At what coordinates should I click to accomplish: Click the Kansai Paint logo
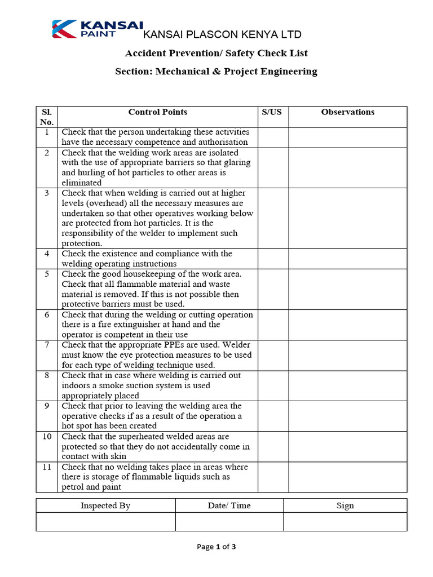[x=97, y=29]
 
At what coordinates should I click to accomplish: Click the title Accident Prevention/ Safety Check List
[x=216, y=54]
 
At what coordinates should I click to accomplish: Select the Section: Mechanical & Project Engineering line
[x=216, y=72]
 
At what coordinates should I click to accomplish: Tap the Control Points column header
[x=158, y=112]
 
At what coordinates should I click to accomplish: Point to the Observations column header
[x=348, y=112]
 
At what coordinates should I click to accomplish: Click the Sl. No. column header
[x=47, y=117]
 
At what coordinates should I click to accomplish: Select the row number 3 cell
[x=47, y=193]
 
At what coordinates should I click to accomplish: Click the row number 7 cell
[x=47, y=345]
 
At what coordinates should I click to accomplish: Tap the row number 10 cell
[x=47, y=437]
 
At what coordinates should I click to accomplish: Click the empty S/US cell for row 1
[x=273, y=137]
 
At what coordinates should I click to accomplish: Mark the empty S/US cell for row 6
[x=273, y=325]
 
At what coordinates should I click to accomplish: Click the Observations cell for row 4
[x=348, y=259]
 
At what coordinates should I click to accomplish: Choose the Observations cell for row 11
[x=348, y=477]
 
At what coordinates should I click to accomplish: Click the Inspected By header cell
[x=105, y=505]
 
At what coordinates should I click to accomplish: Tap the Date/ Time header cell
[x=229, y=505]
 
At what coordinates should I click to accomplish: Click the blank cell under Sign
[x=345, y=522]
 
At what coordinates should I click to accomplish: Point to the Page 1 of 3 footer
[x=216, y=547]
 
